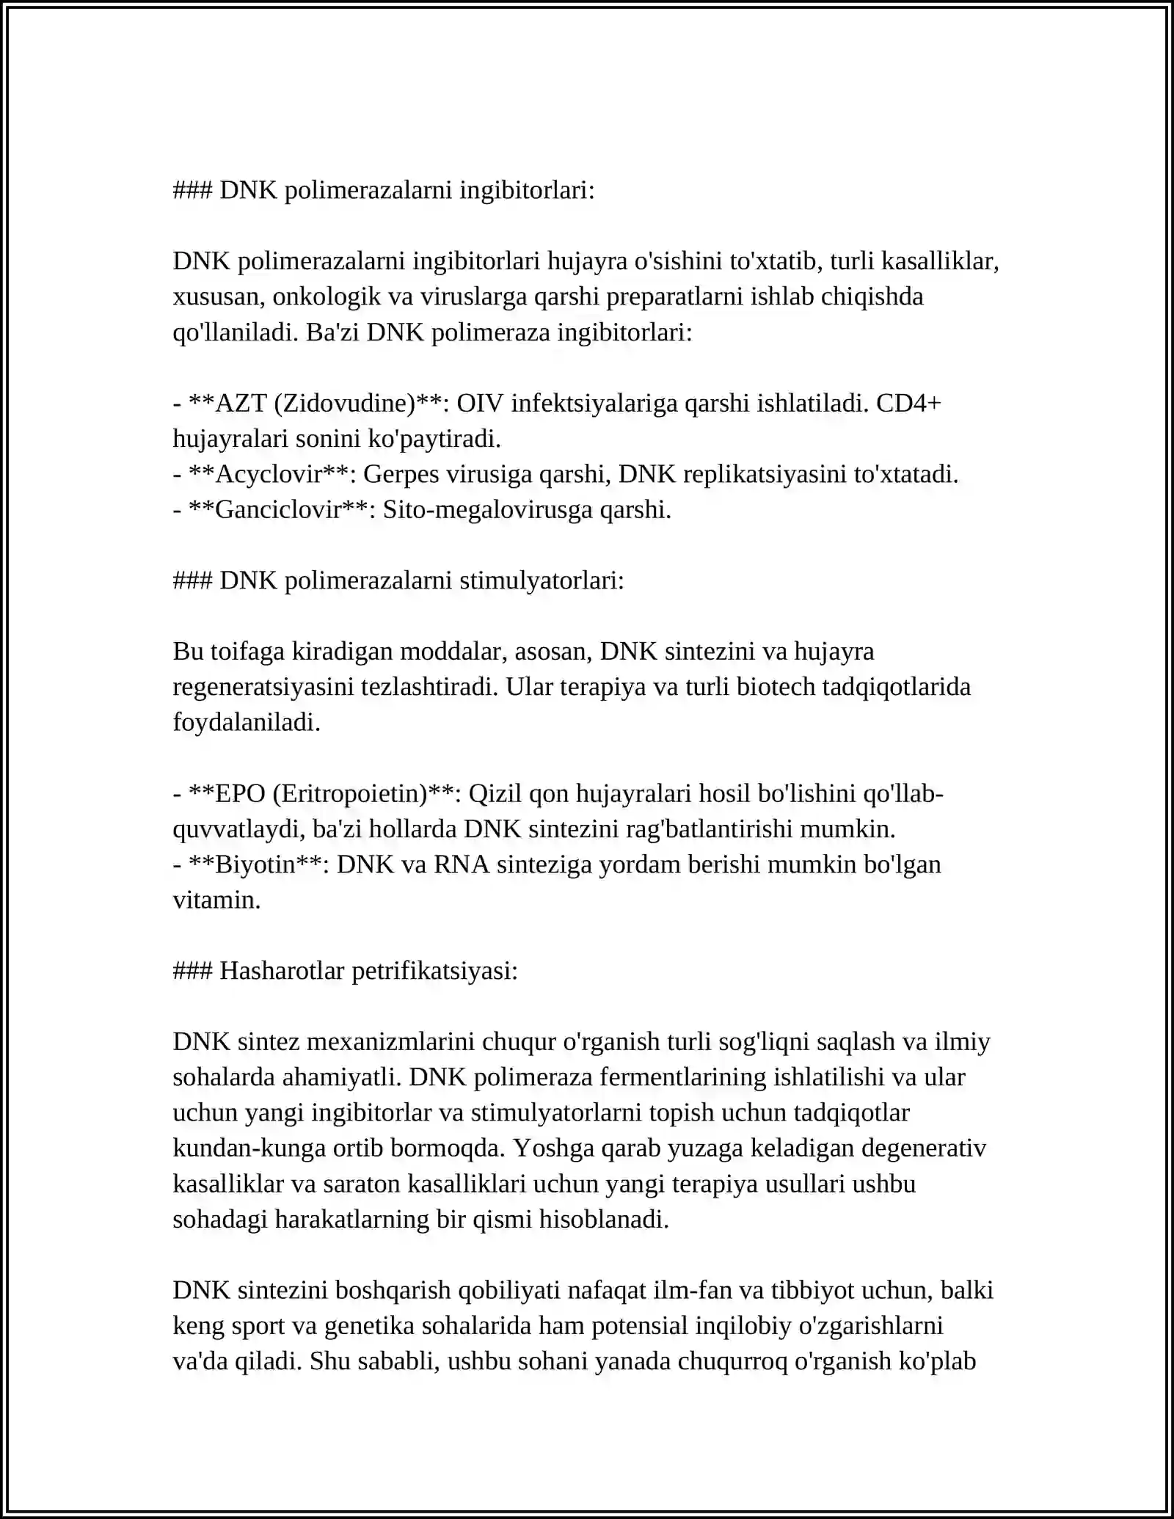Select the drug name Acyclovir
tap(269, 475)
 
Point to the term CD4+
tap(908, 404)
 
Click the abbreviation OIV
tap(480, 404)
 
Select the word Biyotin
tap(255, 864)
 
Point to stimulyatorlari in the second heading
tap(542, 581)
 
